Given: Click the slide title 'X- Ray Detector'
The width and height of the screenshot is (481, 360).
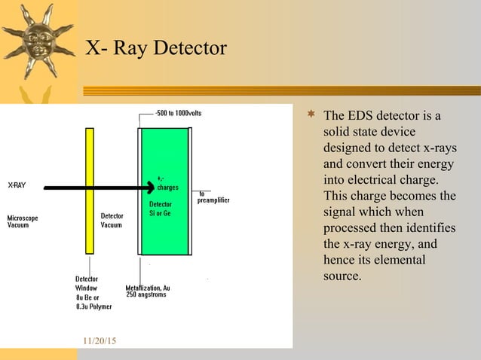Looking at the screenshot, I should [x=155, y=48].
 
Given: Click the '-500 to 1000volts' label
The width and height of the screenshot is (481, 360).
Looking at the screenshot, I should [x=178, y=114].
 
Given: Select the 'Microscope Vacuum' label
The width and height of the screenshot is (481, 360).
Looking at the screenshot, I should [x=23, y=221].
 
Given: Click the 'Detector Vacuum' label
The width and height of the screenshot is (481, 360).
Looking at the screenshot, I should [x=112, y=221].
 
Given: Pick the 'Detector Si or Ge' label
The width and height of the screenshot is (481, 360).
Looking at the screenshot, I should [x=161, y=209].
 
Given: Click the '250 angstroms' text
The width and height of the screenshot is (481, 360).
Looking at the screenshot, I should [x=146, y=294].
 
